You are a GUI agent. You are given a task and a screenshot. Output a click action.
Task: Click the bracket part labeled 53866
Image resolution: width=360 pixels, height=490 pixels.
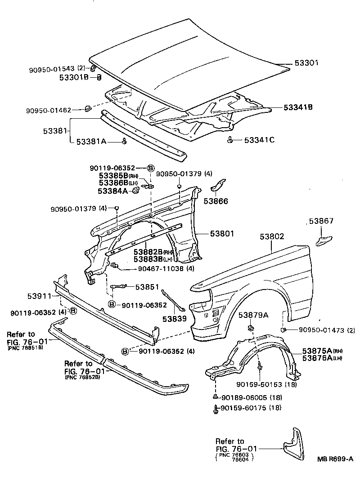click(x=219, y=186)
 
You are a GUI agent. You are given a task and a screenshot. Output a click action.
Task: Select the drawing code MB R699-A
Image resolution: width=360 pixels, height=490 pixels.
click(x=335, y=459)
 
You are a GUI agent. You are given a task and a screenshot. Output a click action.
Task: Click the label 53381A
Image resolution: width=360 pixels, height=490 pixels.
click(x=91, y=142)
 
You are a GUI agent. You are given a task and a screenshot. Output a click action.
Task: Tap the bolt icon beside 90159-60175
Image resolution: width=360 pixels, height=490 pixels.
click(x=216, y=408)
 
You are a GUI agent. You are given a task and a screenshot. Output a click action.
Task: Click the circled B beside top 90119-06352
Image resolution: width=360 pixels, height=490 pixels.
click(x=151, y=168)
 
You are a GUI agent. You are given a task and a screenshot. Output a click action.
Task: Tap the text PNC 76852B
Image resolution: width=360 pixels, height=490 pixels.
click(x=83, y=378)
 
